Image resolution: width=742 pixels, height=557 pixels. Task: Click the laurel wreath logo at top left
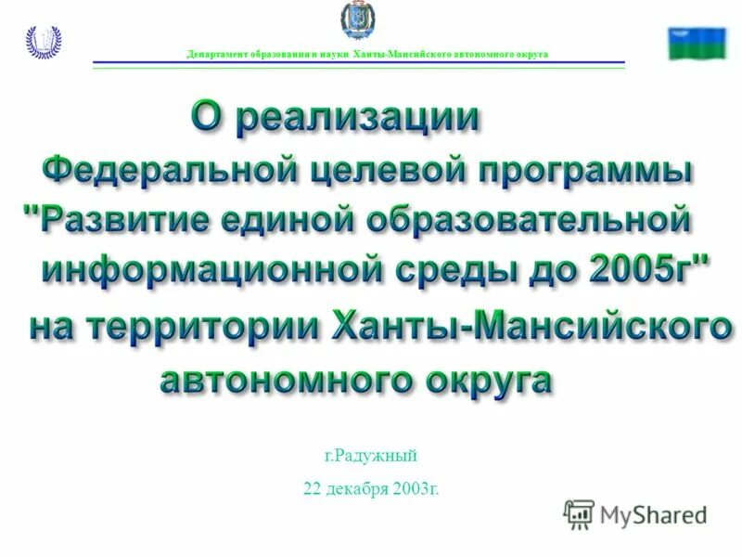43,42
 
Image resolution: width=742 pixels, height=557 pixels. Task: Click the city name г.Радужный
371,456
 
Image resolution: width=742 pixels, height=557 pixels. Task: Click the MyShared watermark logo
635,513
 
